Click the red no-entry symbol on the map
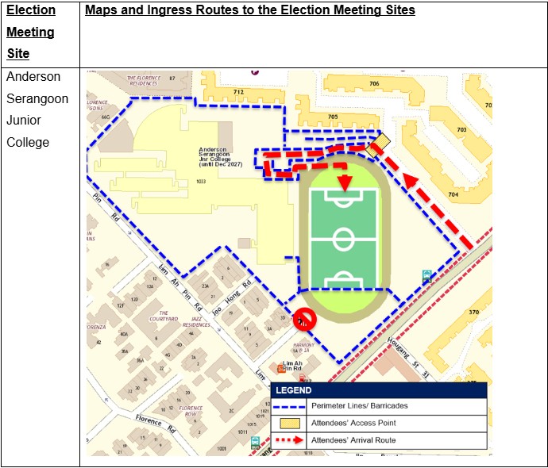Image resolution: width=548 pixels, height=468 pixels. (x=303, y=319)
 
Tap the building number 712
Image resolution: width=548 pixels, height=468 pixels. (x=238, y=92)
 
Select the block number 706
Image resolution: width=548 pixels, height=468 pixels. (x=373, y=83)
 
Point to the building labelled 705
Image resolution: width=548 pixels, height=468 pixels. (x=332, y=117)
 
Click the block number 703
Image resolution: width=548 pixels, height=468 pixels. (x=461, y=130)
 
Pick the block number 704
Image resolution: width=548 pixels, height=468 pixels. (x=453, y=194)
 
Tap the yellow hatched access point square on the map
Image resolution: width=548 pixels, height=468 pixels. (x=380, y=143)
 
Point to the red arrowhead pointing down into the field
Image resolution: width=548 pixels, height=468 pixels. (x=345, y=183)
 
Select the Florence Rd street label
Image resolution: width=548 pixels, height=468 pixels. (x=149, y=420)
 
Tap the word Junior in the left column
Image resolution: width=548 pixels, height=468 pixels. (x=27, y=121)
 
